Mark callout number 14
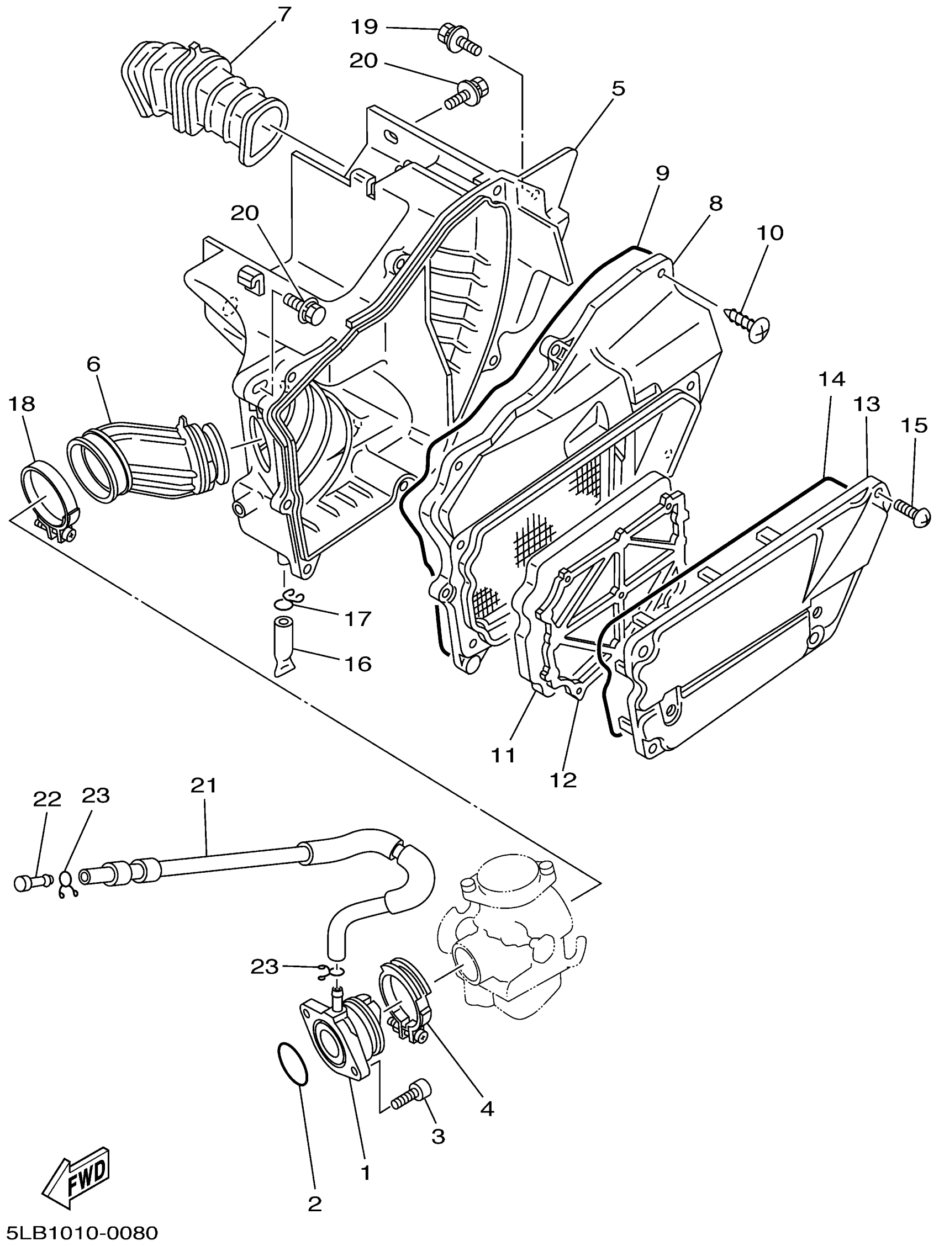[831, 380]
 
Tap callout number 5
[618, 88]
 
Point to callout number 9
[662, 173]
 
